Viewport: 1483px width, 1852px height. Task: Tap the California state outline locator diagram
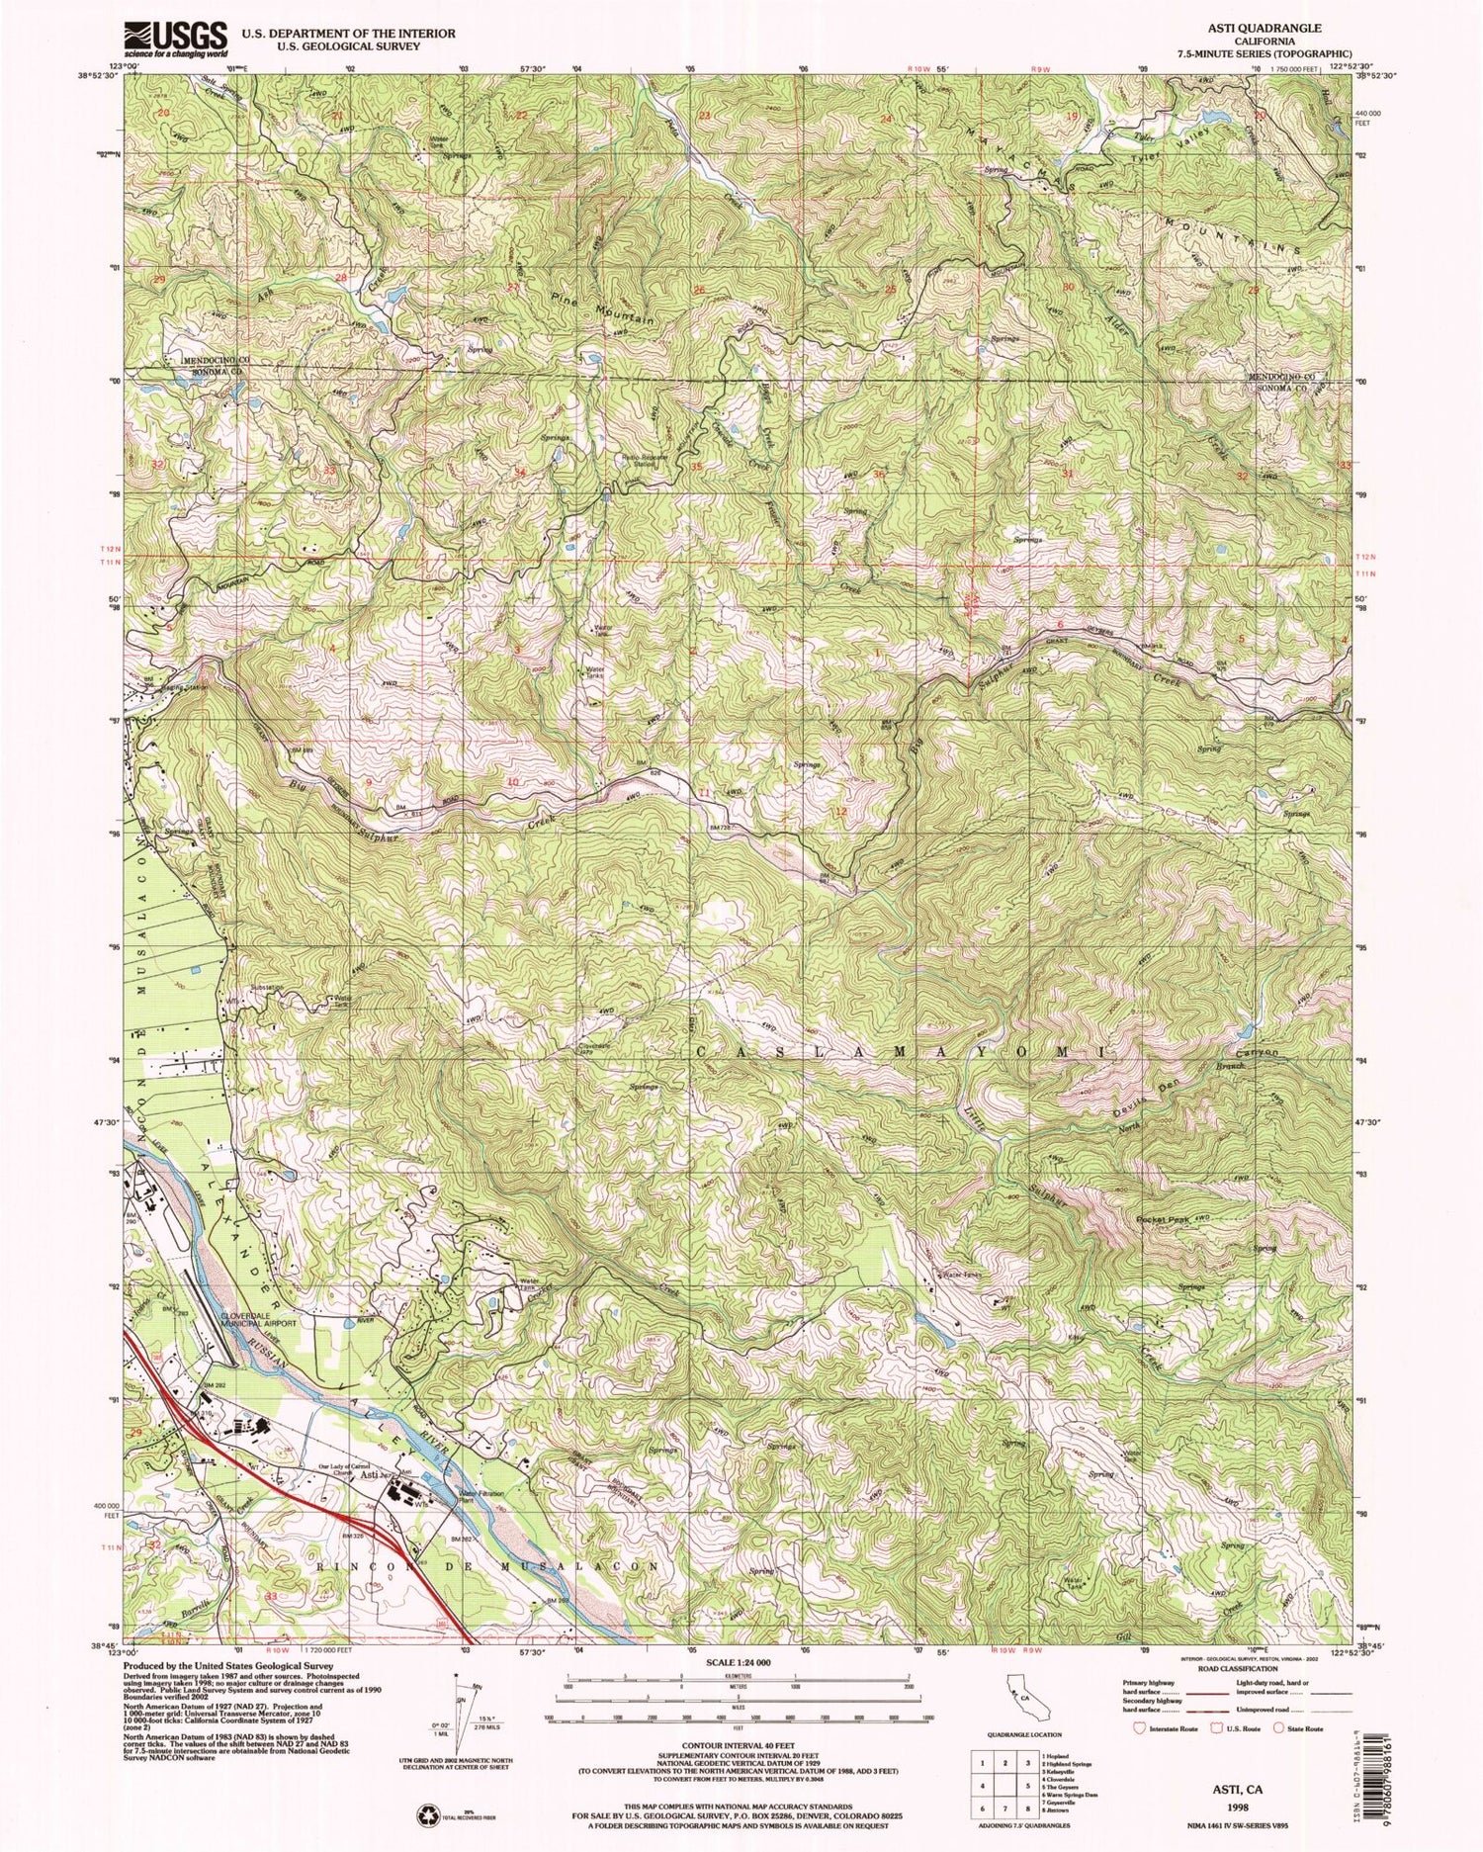coord(1017,1683)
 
